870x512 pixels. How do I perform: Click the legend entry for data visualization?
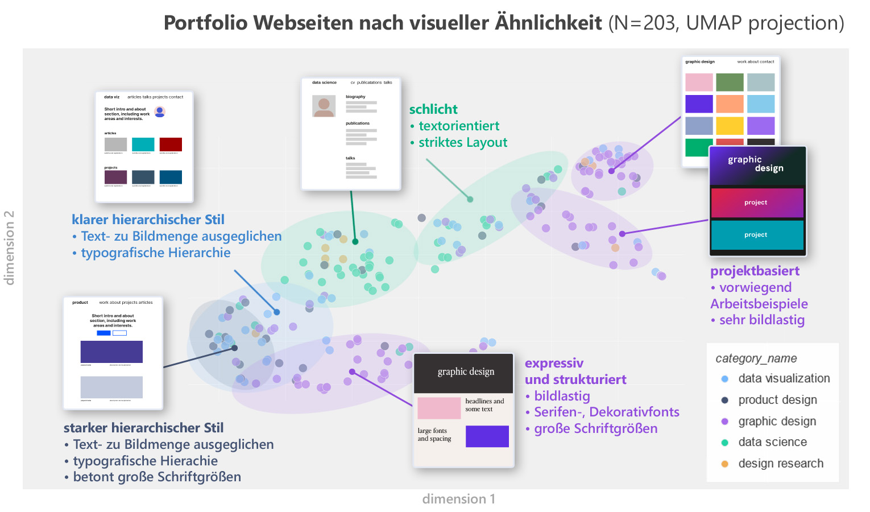click(783, 378)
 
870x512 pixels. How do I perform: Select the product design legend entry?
click(777, 400)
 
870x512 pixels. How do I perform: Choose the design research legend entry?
click(780, 464)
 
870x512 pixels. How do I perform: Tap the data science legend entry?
click(772, 442)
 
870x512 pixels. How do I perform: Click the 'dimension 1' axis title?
click(458, 499)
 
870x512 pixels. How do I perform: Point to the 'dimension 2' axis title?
click(9, 247)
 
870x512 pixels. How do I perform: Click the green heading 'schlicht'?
click(433, 109)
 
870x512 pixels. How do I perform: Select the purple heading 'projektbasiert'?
click(755, 271)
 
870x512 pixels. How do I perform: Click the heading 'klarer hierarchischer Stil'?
click(148, 220)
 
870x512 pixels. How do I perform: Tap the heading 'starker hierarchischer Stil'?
click(143, 428)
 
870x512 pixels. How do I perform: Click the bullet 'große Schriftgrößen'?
click(595, 428)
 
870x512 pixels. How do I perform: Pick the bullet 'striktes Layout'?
click(462, 142)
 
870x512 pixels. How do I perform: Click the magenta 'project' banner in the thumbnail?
click(756, 203)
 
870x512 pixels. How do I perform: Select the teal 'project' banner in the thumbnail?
click(756, 234)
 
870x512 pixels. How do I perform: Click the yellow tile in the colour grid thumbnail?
click(730, 125)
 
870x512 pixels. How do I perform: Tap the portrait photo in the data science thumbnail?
click(324, 106)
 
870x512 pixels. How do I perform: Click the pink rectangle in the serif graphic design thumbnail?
click(439, 408)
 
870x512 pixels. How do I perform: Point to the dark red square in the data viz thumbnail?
click(171, 144)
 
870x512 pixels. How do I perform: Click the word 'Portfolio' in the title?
click(206, 23)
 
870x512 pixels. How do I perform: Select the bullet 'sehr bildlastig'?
click(761, 320)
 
